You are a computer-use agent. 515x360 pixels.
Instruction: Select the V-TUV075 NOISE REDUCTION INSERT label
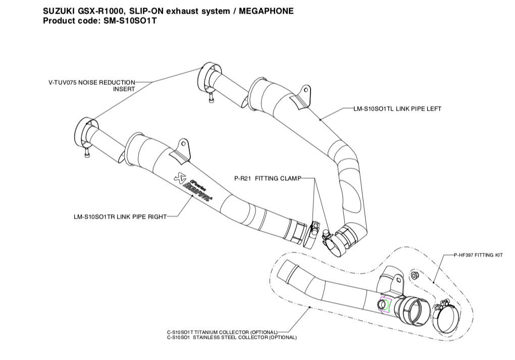[x=92, y=85]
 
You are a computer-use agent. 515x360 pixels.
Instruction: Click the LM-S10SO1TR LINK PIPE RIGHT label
[x=119, y=217]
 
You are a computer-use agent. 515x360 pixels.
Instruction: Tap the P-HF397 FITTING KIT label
[x=478, y=256]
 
